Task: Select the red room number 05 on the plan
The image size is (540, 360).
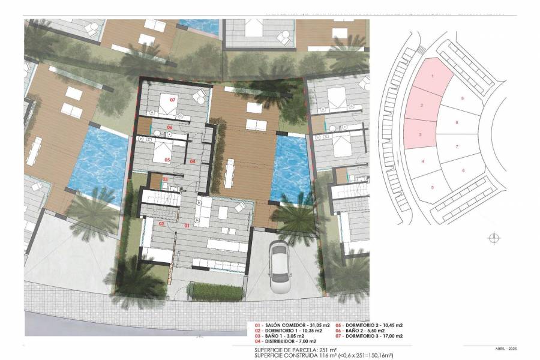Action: tap(167, 160)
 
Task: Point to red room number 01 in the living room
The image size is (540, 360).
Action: tap(187, 225)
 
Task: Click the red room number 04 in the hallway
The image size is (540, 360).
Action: tap(193, 161)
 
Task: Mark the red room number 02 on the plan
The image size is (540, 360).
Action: tap(161, 223)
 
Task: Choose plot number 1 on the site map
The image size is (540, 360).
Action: tap(433, 76)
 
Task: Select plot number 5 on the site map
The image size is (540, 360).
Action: tap(432, 188)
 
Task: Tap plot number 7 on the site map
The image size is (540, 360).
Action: tap(457, 146)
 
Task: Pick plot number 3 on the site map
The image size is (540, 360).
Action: tap(420, 134)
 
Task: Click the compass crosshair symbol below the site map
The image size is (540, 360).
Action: tap(493, 238)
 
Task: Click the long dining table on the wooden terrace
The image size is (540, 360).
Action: tap(230, 173)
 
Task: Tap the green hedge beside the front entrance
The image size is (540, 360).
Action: tap(215, 292)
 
